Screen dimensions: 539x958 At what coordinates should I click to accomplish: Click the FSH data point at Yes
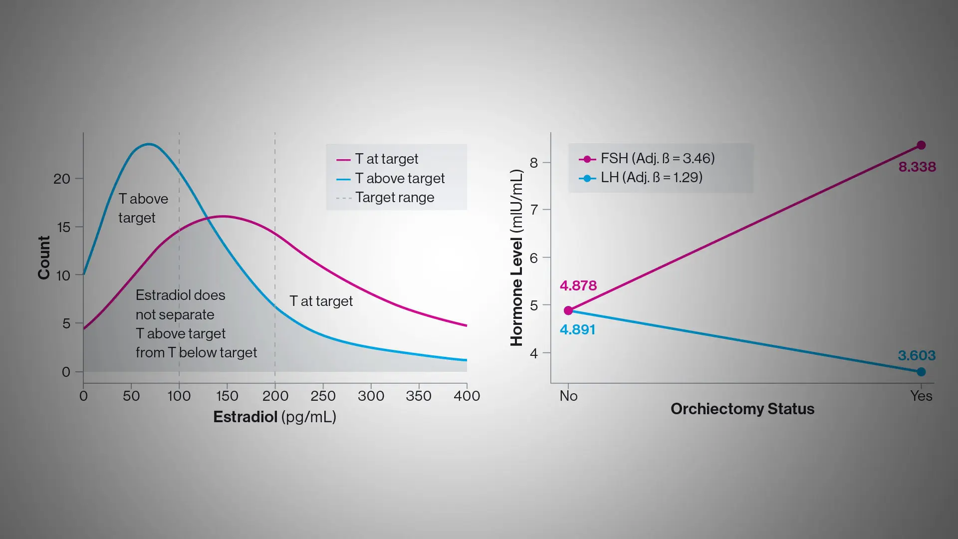921,145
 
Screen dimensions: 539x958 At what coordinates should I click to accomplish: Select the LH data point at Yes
921,372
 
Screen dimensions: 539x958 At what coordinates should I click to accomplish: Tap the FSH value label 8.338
917,167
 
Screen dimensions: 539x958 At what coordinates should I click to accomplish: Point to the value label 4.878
578,285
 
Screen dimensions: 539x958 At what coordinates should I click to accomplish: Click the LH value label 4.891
577,329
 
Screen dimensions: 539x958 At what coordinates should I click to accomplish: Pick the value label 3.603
917,355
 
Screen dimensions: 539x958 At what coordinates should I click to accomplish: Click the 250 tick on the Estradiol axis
323,396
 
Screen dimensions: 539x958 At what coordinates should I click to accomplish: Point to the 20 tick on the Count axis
62,179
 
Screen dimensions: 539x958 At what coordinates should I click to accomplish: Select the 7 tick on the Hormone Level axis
534,210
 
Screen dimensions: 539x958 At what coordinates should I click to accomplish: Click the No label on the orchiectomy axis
568,396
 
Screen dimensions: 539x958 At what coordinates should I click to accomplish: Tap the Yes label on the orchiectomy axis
921,396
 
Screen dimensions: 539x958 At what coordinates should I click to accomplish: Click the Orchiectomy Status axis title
742,409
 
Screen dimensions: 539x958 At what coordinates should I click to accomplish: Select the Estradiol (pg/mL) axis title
274,417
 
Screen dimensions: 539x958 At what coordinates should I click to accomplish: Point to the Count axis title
44,258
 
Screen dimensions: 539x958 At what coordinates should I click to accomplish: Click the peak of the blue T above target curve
149,144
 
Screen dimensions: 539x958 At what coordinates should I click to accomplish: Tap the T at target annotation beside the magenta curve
321,301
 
